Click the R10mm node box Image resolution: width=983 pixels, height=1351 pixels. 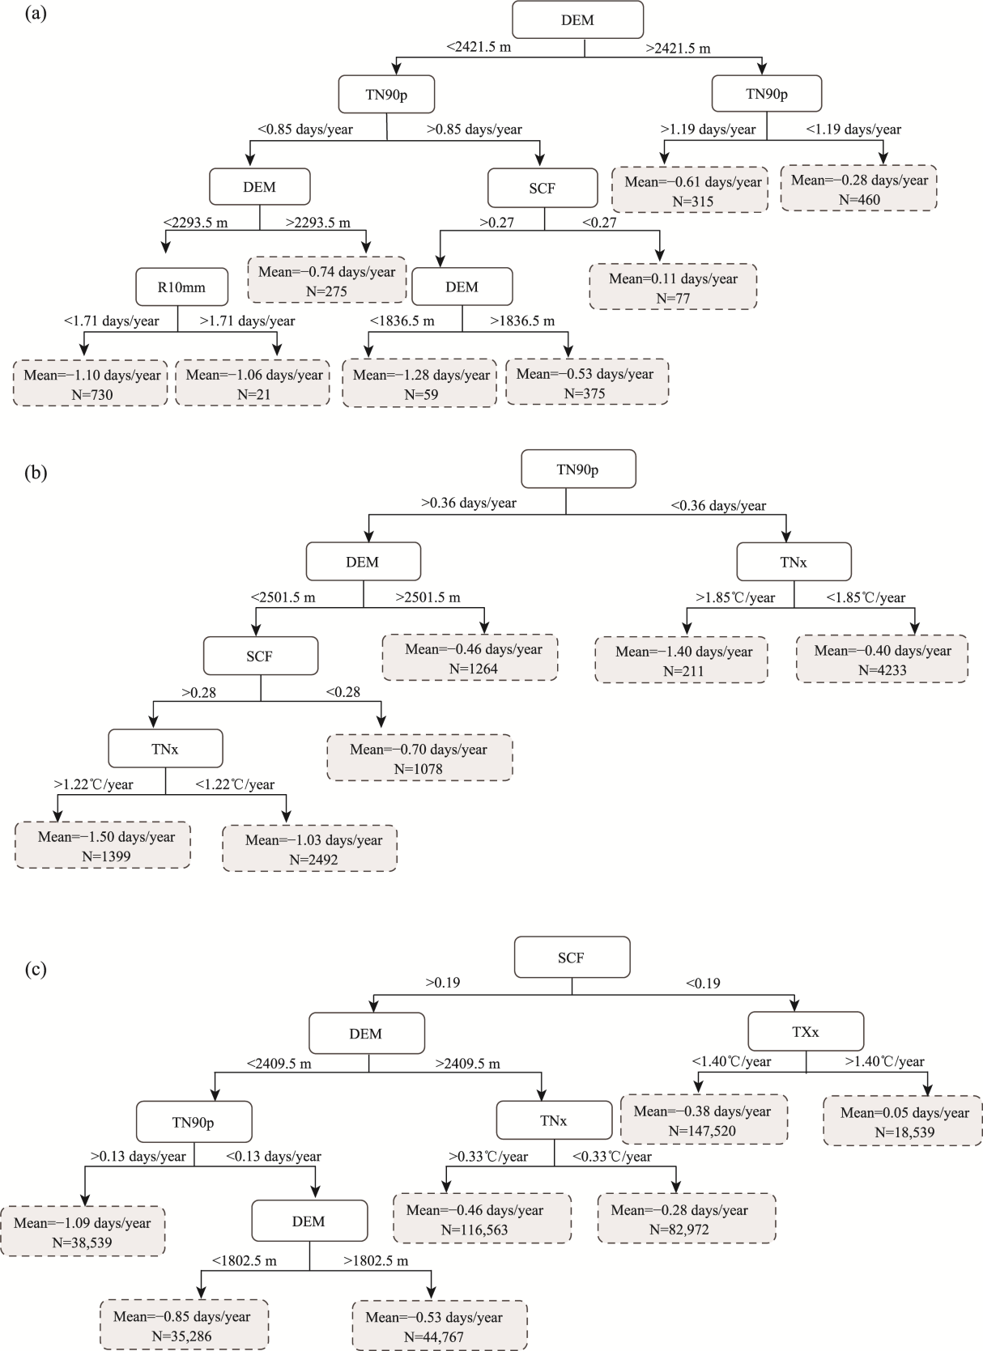[x=181, y=287]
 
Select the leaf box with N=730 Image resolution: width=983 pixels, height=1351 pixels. [x=91, y=383]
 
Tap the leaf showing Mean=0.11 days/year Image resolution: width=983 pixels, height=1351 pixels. [x=673, y=287]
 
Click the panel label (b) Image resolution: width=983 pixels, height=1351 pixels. [x=36, y=472]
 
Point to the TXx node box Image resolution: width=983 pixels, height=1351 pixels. [x=806, y=1031]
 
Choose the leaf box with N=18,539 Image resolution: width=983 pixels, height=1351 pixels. [x=903, y=1120]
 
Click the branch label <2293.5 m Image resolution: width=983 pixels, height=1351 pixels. [x=195, y=223]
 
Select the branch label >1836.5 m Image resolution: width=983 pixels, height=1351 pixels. [x=522, y=321]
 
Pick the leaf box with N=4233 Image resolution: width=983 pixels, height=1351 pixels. [x=882, y=659]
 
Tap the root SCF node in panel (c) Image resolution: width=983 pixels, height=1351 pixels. [x=572, y=957]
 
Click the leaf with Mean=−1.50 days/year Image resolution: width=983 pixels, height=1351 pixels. [x=103, y=846]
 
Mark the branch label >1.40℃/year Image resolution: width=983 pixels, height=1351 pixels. [x=885, y=1061]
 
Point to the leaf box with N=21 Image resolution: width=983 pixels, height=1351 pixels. [x=253, y=383]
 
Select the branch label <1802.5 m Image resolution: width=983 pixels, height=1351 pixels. [x=245, y=1261]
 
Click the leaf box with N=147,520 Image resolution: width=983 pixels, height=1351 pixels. [x=704, y=1119]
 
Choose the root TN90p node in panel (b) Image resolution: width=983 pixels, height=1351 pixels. [x=578, y=469]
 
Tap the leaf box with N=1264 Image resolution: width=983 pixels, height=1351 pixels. [x=470, y=657]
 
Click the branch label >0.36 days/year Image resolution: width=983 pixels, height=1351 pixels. [x=469, y=503]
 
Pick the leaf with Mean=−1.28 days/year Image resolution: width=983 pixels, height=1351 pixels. [x=420, y=383]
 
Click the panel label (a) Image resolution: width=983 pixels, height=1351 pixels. [x=36, y=13]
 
